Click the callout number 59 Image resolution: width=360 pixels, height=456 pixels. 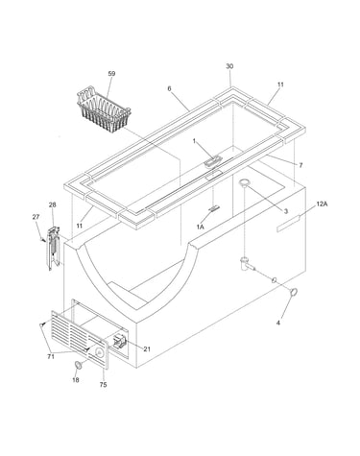(111, 74)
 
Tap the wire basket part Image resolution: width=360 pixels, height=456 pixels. (104, 106)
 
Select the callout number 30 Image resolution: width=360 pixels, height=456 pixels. (229, 66)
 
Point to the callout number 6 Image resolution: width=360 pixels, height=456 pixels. (169, 88)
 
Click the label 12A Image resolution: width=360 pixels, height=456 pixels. (322, 204)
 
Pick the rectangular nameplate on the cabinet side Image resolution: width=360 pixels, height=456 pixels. (288, 224)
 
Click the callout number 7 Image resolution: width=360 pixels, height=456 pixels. (300, 165)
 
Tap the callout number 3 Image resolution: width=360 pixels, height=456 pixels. (286, 211)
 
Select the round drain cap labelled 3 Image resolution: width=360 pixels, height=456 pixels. (245, 182)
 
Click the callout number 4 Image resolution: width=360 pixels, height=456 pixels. (278, 323)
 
